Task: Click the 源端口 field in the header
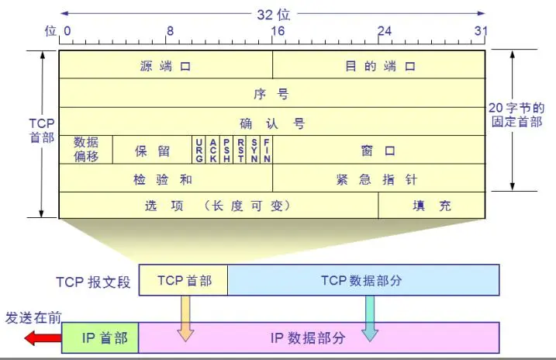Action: (x=165, y=66)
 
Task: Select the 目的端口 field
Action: (x=379, y=66)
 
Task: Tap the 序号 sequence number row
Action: (x=271, y=94)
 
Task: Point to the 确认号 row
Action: (x=271, y=123)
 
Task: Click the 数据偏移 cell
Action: (x=86, y=149)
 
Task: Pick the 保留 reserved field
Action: (x=152, y=150)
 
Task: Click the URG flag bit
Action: (x=199, y=149)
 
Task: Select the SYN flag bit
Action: (x=253, y=149)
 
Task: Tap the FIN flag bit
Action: (x=266, y=149)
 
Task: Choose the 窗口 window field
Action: (x=378, y=150)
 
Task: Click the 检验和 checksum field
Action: (x=165, y=178)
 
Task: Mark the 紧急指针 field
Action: (x=378, y=178)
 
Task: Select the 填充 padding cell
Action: (x=432, y=206)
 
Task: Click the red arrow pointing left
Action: (x=42, y=338)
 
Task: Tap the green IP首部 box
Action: (x=100, y=338)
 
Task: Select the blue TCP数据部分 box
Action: (x=362, y=280)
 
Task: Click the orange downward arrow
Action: (x=185, y=318)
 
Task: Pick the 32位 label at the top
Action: (x=273, y=13)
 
